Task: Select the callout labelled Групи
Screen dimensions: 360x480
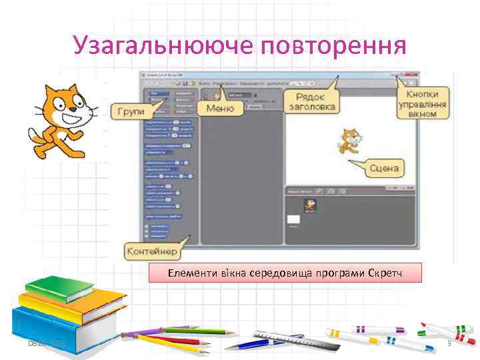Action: [131, 111]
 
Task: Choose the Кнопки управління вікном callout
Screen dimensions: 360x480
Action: [422, 103]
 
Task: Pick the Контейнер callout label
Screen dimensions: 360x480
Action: [151, 252]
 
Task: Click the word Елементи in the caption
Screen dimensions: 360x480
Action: [187, 273]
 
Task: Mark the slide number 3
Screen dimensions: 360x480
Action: [449, 343]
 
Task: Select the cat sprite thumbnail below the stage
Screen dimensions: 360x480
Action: [309, 205]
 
